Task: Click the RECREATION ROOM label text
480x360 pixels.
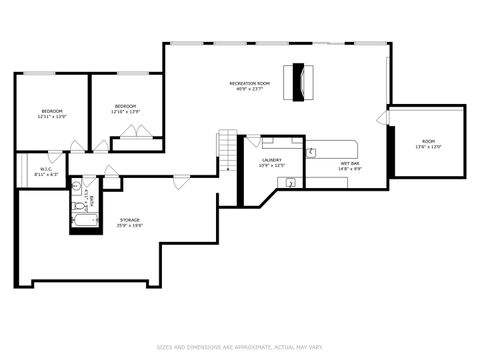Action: click(250, 85)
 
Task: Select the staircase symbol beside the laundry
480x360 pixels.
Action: click(228, 150)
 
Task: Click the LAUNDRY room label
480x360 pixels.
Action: click(271, 162)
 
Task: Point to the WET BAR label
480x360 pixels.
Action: click(350, 165)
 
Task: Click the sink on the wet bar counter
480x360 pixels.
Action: click(312, 153)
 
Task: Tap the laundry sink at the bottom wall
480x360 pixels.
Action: click(289, 183)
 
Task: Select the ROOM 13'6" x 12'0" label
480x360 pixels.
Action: click(429, 143)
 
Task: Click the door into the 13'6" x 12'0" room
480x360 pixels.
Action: click(383, 118)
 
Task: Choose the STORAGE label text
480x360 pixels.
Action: click(129, 222)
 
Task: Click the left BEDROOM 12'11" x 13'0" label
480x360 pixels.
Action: click(52, 112)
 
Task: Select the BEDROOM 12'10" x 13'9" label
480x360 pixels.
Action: click(125, 108)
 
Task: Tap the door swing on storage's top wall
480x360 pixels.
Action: click(181, 182)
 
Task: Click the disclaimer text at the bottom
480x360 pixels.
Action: click(240, 347)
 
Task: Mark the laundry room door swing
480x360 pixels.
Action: click(254, 141)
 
